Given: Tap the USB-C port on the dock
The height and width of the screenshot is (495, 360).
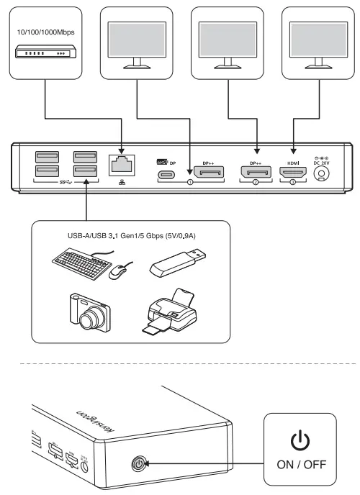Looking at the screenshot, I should [167, 173].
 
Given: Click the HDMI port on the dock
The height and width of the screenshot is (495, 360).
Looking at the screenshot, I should [293, 173].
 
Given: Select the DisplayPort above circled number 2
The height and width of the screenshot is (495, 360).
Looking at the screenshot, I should [256, 173].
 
